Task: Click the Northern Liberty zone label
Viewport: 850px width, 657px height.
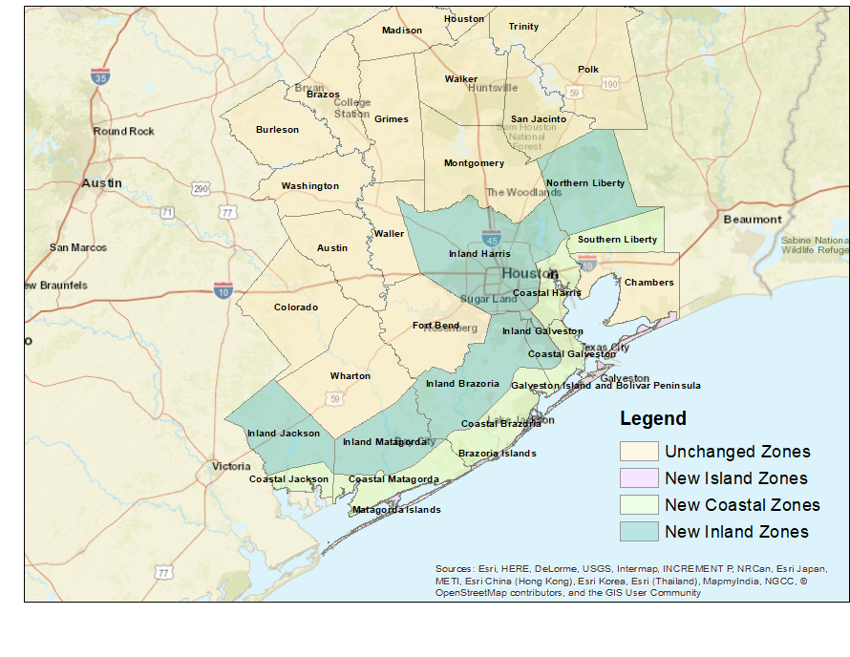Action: tap(584, 183)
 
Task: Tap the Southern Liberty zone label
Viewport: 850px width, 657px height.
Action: tap(616, 240)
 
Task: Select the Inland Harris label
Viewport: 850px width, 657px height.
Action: tap(479, 254)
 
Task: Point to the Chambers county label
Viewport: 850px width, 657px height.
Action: tap(648, 283)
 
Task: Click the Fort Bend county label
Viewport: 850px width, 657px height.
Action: tap(436, 326)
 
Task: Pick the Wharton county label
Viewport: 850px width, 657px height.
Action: tap(350, 376)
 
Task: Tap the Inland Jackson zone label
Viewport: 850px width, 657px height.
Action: tap(284, 434)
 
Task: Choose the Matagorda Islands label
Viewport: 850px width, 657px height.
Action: tap(396, 510)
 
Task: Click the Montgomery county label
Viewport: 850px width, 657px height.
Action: tap(474, 163)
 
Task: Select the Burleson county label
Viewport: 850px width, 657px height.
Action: tap(277, 130)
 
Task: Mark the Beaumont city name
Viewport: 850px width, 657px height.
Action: tap(753, 220)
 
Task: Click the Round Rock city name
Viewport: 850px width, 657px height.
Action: tap(123, 132)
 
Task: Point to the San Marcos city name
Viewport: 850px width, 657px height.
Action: tap(78, 248)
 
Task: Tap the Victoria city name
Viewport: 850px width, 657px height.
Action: tap(231, 467)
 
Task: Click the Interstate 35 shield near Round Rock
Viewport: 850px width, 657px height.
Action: tap(99, 76)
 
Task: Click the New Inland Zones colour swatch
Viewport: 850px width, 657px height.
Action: tap(639, 532)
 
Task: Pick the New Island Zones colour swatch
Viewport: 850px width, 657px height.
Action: tap(639, 478)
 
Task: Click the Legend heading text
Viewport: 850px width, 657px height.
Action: tap(652, 418)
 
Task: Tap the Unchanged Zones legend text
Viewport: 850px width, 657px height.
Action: tap(737, 452)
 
